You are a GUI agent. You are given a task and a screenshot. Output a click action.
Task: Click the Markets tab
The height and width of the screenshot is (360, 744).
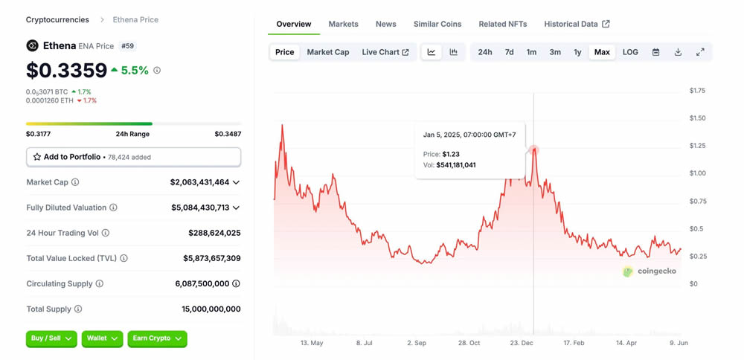click(343, 24)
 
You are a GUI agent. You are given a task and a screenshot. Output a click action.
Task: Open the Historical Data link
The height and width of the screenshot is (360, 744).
click(577, 24)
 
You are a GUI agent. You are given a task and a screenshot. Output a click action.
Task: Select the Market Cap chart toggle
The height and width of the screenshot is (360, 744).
click(328, 52)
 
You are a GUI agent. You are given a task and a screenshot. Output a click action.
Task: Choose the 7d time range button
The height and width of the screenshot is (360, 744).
click(509, 52)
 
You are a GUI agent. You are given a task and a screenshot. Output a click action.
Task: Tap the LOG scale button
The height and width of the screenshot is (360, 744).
click(630, 52)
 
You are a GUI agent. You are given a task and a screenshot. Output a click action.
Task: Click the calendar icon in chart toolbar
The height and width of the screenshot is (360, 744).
click(655, 52)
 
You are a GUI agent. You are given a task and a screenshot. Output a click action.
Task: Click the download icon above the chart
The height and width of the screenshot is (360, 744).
click(678, 52)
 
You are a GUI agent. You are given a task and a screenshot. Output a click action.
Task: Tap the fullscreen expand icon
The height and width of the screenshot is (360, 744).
click(700, 52)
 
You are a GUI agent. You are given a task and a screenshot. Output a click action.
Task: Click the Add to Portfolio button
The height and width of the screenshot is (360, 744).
click(133, 157)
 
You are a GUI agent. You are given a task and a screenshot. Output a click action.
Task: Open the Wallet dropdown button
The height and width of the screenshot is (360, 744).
click(102, 338)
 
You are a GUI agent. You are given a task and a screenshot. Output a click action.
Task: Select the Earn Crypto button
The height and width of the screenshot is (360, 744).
click(157, 338)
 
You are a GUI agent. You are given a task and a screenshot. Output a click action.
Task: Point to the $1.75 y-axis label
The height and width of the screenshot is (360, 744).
click(697, 91)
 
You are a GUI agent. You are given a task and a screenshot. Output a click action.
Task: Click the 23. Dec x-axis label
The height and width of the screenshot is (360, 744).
click(522, 343)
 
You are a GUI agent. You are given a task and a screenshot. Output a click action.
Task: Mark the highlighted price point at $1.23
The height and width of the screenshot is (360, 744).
click(533, 150)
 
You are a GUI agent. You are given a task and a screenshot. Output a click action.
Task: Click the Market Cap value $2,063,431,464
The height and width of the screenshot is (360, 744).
click(199, 182)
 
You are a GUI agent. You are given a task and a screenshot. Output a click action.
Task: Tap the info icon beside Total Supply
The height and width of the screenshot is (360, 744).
click(78, 309)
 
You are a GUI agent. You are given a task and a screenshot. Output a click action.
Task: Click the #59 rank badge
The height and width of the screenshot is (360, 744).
click(128, 46)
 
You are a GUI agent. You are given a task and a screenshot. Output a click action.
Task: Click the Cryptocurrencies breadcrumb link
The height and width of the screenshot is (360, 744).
click(57, 19)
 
